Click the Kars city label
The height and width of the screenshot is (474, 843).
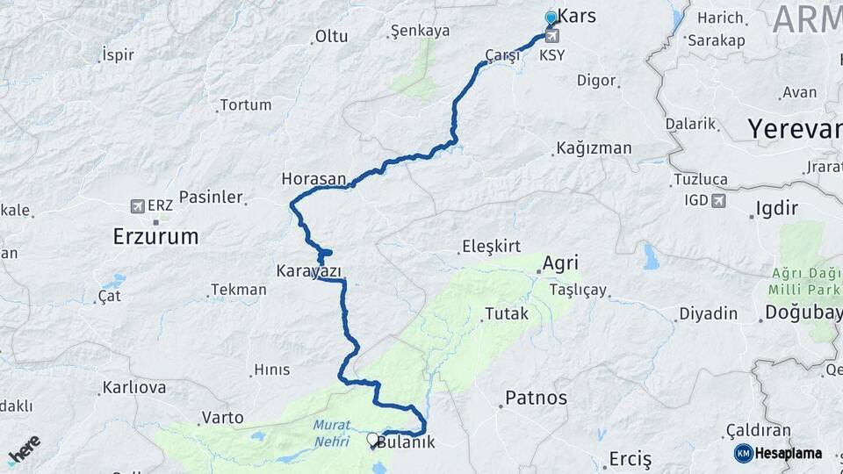(577, 17)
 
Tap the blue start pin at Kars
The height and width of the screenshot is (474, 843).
(551, 18)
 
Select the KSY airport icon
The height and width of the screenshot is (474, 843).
(552, 36)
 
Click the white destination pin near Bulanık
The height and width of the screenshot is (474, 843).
(373, 440)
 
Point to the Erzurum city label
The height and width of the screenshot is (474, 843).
(155, 236)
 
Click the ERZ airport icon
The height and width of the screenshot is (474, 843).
(137, 205)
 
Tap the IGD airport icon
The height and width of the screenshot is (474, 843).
(719, 201)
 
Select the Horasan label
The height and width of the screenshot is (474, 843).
(313, 178)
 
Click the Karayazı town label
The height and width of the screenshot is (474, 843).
(308, 270)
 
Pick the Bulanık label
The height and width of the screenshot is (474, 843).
(407, 442)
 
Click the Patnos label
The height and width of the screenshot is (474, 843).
(536, 398)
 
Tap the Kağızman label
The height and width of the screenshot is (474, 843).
(594, 148)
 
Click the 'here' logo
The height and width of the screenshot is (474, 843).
(24, 449)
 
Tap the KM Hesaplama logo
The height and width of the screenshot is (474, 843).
(778, 453)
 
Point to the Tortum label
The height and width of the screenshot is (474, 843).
(245, 104)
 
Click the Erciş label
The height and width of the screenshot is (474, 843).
(630, 459)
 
